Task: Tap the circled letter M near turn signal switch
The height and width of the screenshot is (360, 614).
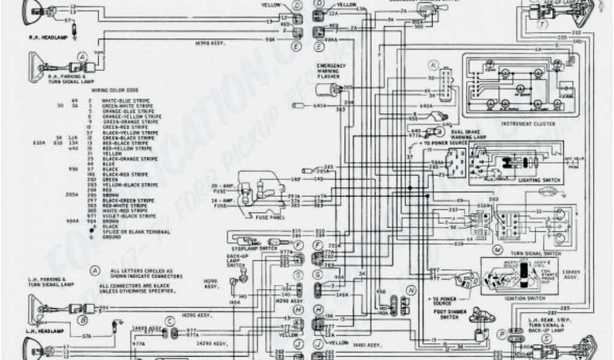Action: (496, 248)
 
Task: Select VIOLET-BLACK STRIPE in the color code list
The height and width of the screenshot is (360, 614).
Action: (125, 215)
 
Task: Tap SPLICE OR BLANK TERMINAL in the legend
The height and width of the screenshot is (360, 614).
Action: (133, 232)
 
